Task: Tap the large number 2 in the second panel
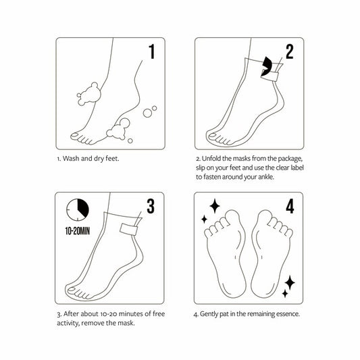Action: click(289, 52)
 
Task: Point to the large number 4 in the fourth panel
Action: click(289, 206)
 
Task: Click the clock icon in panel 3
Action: click(79, 210)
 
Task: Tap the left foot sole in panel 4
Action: click(230, 250)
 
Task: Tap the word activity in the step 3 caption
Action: click(72, 323)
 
